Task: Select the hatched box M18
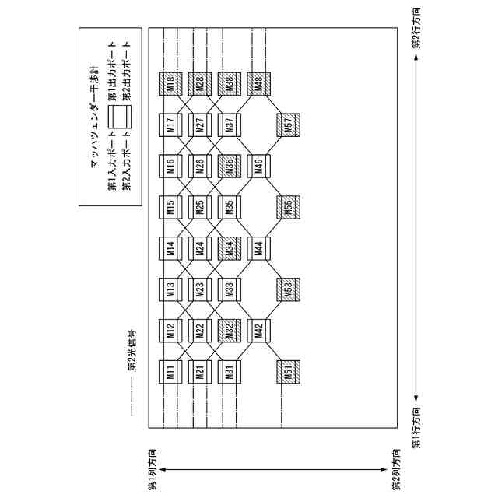click(x=170, y=84)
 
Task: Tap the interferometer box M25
click(x=200, y=208)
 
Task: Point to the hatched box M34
click(x=230, y=249)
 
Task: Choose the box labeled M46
click(x=259, y=167)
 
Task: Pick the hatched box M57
click(x=289, y=125)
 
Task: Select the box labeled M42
click(x=259, y=331)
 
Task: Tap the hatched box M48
click(x=259, y=84)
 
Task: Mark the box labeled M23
click(x=200, y=290)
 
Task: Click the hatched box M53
click(x=289, y=290)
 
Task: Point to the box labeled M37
click(x=230, y=125)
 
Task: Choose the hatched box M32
click(x=230, y=331)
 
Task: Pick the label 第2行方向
click(x=417, y=29)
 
